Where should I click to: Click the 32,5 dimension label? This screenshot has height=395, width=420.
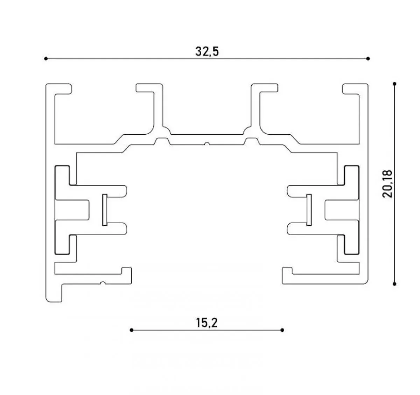click(207, 51)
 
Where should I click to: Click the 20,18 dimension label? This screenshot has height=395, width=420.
click(387, 184)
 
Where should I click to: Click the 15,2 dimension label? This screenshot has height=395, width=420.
click(206, 323)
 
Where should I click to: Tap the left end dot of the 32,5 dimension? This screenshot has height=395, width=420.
click(46, 58)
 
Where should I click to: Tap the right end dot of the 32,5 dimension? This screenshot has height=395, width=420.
click(368, 58)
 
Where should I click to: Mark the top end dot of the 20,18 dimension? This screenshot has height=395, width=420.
click(394, 84)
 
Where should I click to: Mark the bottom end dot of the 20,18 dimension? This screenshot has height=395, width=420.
click(394, 284)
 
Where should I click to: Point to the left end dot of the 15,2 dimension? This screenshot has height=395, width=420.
click(132, 330)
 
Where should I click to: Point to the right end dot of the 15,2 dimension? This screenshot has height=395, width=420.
click(282, 330)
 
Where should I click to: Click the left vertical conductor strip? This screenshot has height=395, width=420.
click(105, 210)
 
